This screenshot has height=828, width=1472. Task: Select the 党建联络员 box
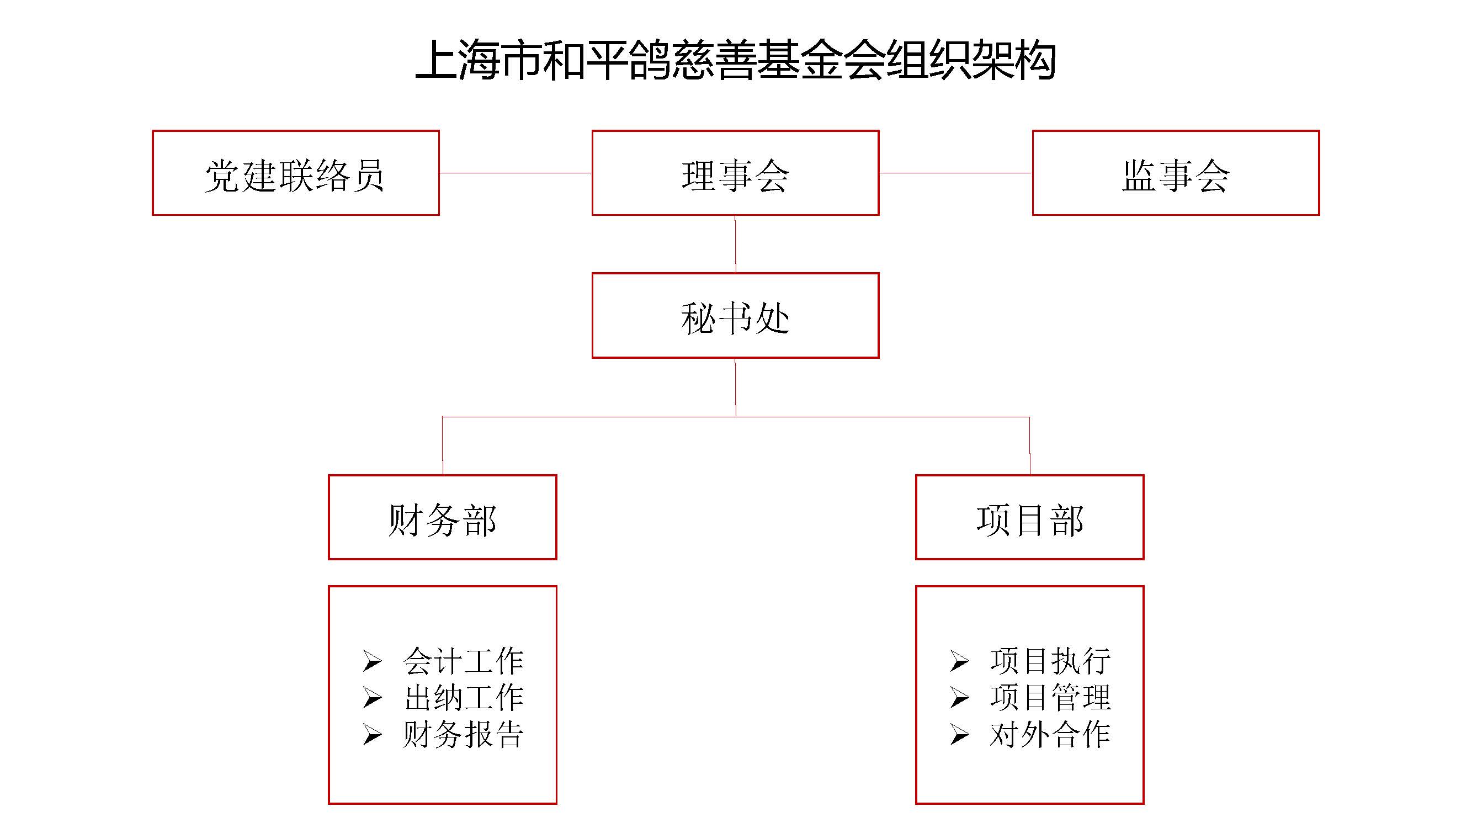click(295, 173)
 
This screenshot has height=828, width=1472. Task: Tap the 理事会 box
click(735, 173)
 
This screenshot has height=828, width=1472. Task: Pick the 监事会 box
click(1176, 173)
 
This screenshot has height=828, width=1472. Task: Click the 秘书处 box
click(735, 316)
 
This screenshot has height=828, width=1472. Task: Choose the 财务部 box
click(442, 518)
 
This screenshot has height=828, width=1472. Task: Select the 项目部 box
click(1030, 518)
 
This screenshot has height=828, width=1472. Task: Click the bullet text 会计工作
click(463, 661)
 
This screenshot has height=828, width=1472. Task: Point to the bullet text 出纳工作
click(463, 698)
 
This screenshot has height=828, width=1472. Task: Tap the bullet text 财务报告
click(463, 734)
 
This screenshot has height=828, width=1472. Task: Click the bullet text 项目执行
click(1050, 661)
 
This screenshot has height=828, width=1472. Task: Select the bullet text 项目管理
click(1050, 698)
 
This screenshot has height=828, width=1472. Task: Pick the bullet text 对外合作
click(1050, 734)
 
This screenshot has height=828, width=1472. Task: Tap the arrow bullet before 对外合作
click(959, 735)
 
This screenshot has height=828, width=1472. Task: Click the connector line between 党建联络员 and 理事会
click(516, 173)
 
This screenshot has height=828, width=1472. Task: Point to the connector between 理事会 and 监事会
click(955, 173)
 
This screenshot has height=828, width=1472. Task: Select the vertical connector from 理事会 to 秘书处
click(735, 244)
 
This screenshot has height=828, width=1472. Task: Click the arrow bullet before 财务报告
click(372, 735)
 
